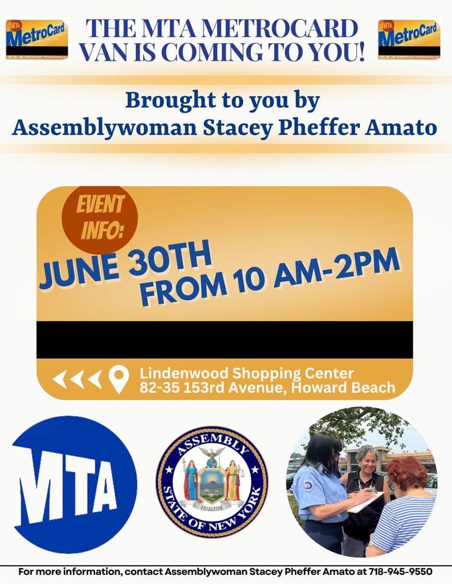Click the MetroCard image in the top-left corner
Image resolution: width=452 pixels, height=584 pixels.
point(37,39)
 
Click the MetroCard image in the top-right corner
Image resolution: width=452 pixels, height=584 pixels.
point(409,39)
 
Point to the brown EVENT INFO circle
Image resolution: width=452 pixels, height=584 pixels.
point(100,217)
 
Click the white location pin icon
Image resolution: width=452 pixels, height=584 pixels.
point(119,379)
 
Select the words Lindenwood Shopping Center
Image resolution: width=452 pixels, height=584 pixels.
point(246,372)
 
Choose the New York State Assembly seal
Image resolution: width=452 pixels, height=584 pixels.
point(212,481)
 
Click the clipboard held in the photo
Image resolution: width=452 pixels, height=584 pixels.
point(365,502)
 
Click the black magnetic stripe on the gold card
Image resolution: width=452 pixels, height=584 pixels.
point(225,339)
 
